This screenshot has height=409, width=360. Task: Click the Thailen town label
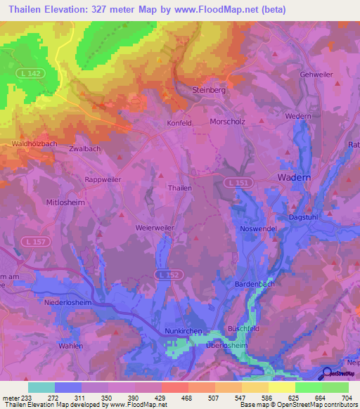(x=179, y=188)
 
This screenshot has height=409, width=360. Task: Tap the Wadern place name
(x=294, y=178)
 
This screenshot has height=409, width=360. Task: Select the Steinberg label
(x=207, y=90)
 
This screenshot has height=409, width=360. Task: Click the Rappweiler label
(x=103, y=178)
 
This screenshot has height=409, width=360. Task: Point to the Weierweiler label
(x=155, y=228)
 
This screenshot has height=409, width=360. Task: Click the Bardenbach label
(x=254, y=284)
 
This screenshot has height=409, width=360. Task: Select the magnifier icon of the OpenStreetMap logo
(x=326, y=375)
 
